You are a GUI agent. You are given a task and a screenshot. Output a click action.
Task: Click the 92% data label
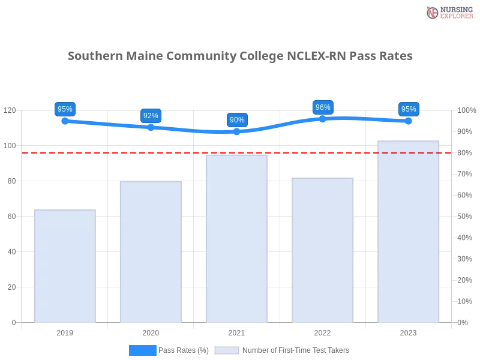coord(151,116)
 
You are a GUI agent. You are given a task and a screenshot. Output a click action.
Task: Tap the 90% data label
coord(237,120)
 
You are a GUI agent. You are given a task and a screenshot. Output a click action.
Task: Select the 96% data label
coord(323,107)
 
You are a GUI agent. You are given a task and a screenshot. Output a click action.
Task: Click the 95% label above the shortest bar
coord(64,109)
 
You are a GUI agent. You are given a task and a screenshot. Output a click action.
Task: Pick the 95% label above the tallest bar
coord(409,109)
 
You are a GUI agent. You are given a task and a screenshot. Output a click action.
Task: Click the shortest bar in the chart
coord(65,265)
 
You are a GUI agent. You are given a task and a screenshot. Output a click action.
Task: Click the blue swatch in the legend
coord(142,350)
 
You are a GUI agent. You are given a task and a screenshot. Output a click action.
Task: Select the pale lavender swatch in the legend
coord(227,350)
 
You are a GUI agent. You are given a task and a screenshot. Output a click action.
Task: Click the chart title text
coord(240,56)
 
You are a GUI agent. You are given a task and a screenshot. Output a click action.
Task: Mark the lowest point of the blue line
coord(235,132)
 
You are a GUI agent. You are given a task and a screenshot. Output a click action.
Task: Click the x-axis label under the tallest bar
coord(408,331)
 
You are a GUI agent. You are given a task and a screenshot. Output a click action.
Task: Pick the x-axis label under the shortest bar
coord(65,331)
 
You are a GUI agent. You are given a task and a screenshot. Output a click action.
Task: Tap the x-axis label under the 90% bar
coord(235,331)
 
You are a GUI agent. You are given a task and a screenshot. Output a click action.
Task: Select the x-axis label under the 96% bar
coord(322,331)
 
